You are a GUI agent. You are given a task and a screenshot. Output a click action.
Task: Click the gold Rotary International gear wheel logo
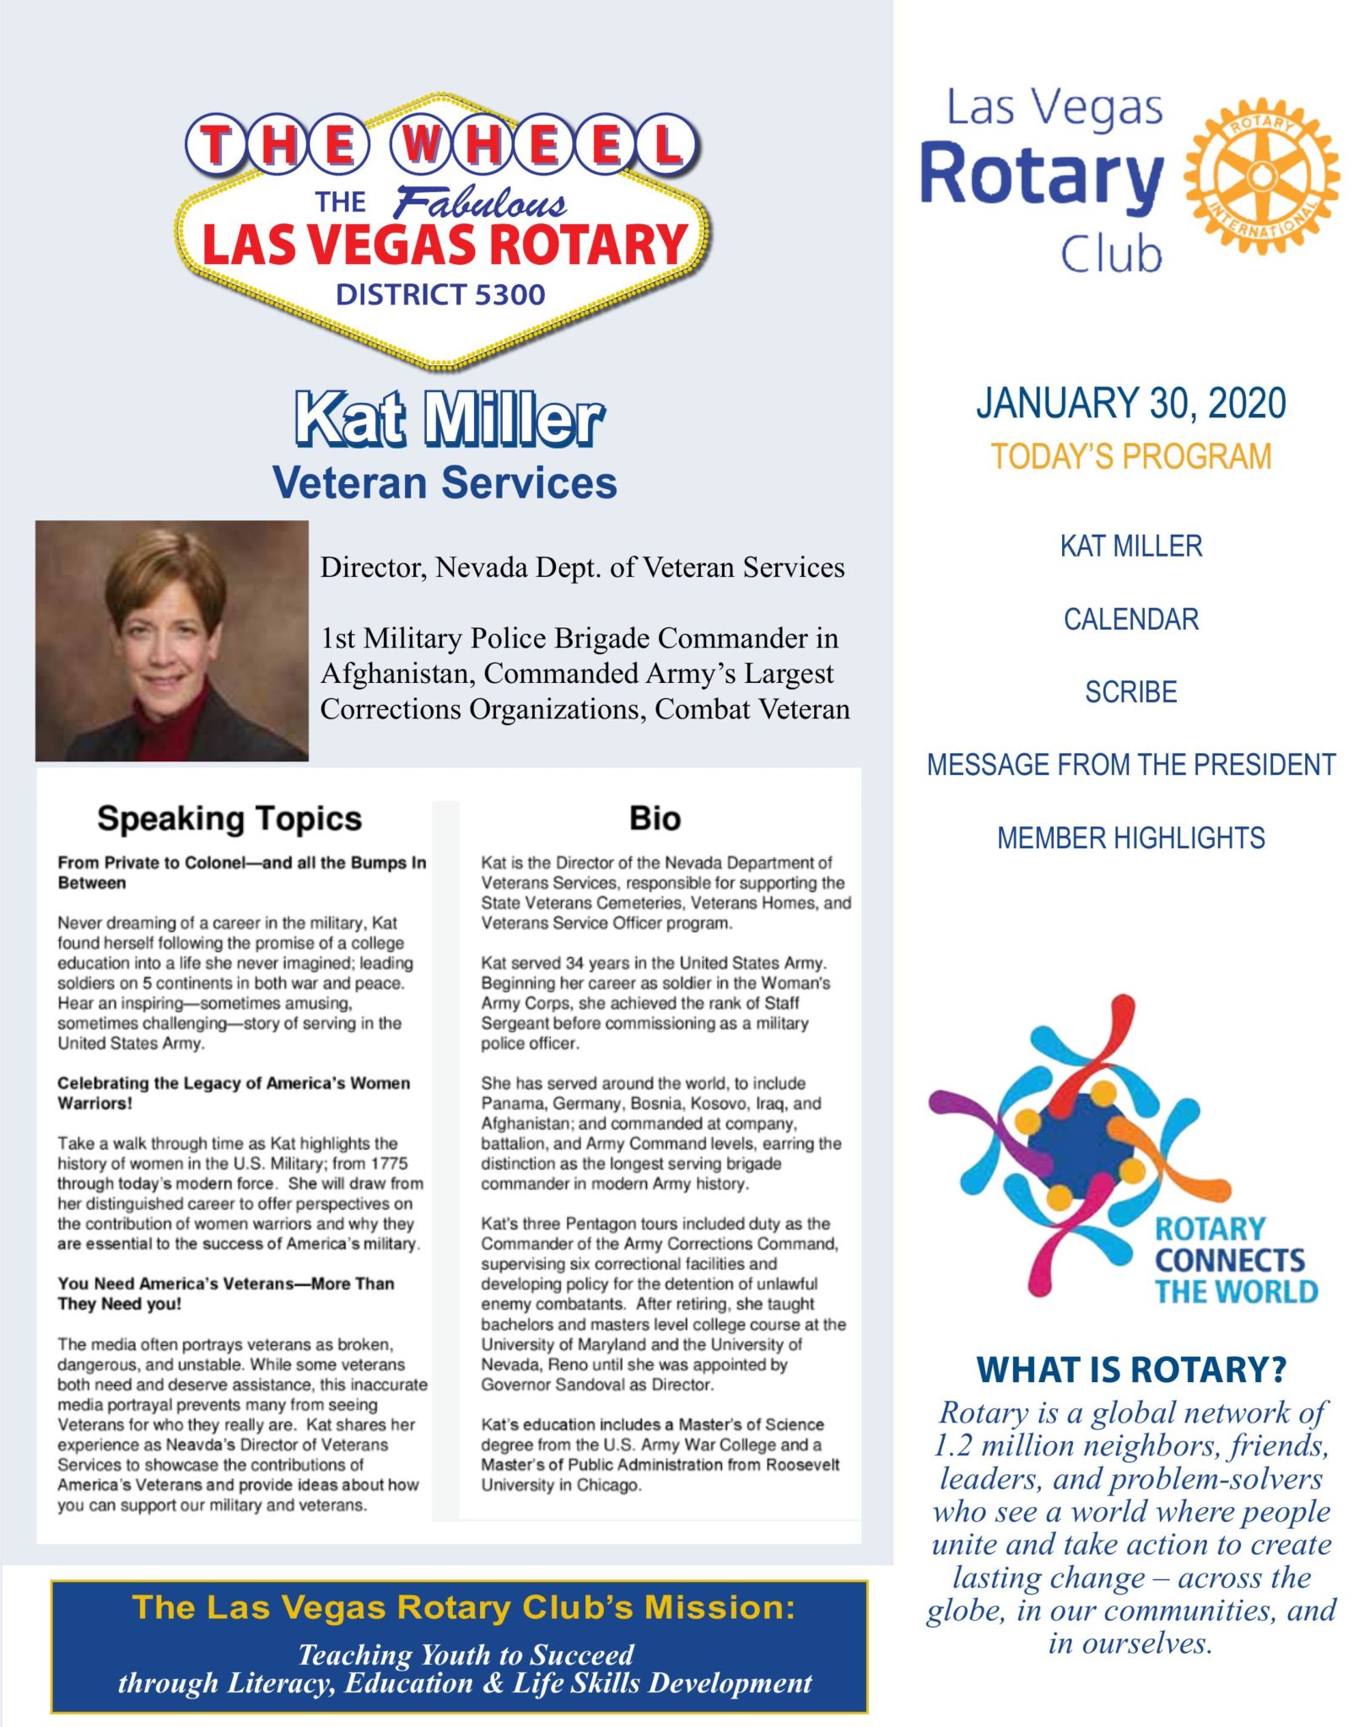pos(1261,176)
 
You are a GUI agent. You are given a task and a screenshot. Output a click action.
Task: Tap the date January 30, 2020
pos(1130,403)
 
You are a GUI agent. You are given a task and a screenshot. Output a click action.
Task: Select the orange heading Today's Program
pos(1130,457)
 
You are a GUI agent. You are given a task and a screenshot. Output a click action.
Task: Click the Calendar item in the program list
pos(1130,619)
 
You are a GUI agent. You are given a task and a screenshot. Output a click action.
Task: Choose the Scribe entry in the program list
pos(1130,692)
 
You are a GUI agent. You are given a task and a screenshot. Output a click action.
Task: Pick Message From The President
pos(1130,765)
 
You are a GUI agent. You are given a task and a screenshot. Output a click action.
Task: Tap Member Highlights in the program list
pos(1130,838)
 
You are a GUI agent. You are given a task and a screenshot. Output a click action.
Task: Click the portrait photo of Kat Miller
pos(172,641)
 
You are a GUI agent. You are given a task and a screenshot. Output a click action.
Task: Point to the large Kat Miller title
pos(449,419)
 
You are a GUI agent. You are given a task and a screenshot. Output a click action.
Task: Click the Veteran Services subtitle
pos(445,483)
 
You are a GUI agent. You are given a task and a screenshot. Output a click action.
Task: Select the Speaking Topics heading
pos(229,818)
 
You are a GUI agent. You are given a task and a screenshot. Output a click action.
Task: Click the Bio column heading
pos(655,818)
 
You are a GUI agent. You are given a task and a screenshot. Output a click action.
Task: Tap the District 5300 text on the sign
pos(440,294)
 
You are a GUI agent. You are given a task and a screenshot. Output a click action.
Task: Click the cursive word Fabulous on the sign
pos(480,204)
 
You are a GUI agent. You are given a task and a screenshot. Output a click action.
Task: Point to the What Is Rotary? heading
pos(1130,1369)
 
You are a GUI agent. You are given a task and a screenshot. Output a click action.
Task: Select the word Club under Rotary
pos(1110,255)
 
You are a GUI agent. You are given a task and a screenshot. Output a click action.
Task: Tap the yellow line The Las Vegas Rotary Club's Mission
pos(463,1607)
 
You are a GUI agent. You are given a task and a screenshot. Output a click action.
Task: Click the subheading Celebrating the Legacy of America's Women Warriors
pos(234,1093)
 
